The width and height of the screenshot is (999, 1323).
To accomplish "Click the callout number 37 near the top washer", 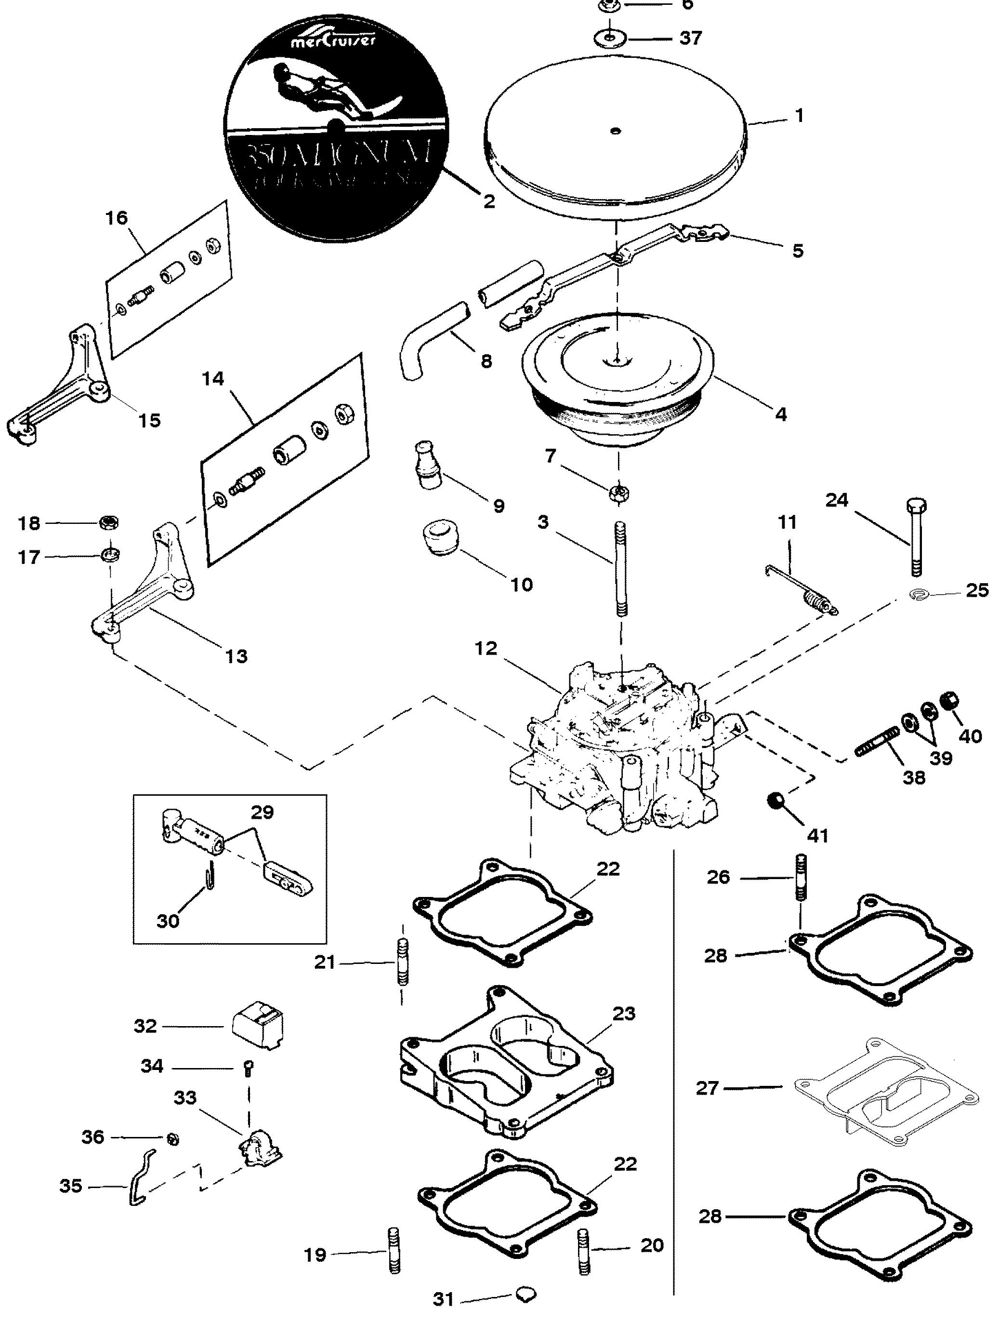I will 691,38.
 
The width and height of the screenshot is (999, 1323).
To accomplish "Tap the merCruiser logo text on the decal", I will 325,42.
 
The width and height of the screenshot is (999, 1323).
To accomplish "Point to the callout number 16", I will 117,218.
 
